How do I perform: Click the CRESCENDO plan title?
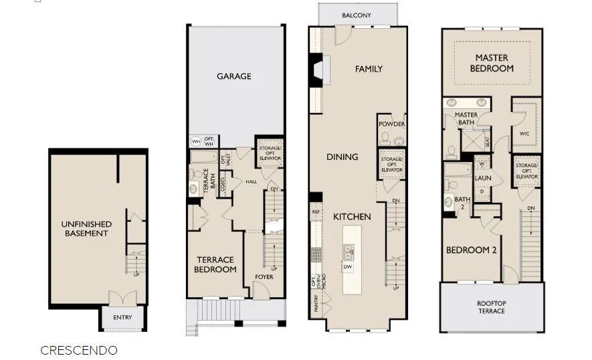pyautogui.click(x=78, y=350)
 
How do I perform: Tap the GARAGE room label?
pyautogui.click(x=234, y=76)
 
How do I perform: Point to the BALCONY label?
pyautogui.click(x=357, y=15)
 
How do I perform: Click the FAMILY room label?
pyautogui.click(x=369, y=69)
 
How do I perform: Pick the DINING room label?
pyautogui.click(x=342, y=157)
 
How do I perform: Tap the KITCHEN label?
pyautogui.click(x=352, y=217)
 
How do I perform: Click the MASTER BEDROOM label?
pyautogui.click(x=492, y=64)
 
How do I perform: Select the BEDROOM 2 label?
pyautogui.click(x=471, y=250)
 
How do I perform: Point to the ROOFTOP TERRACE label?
pyautogui.click(x=491, y=307)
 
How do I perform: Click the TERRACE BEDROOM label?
pyautogui.click(x=215, y=264)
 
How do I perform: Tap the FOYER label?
pyautogui.click(x=264, y=277)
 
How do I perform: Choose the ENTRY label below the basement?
pyautogui.click(x=122, y=317)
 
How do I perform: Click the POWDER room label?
pyautogui.click(x=391, y=124)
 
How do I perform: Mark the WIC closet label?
pyautogui.click(x=524, y=134)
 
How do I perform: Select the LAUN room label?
pyautogui.click(x=483, y=179)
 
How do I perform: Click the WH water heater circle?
pyautogui.click(x=196, y=141)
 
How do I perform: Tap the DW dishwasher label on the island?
pyautogui.click(x=348, y=267)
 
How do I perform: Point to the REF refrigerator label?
pyautogui.click(x=316, y=211)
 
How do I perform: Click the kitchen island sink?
pyautogui.click(x=349, y=252)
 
